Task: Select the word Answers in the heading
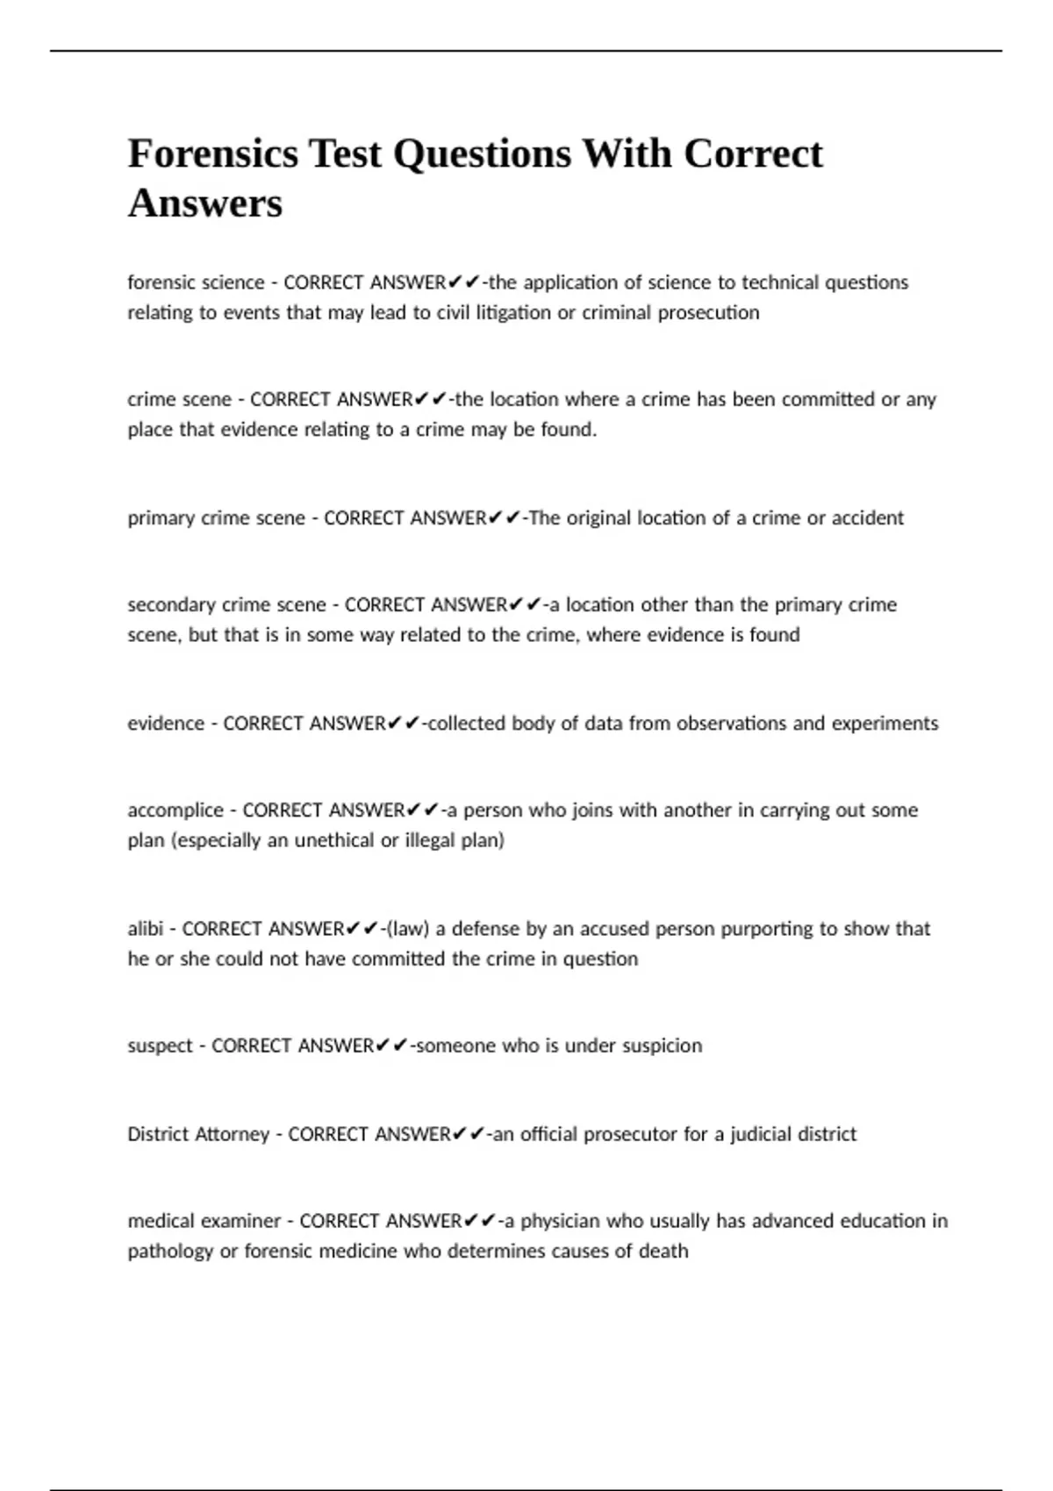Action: click(x=205, y=203)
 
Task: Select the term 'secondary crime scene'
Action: click(x=226, y=604)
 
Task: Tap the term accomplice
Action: click(x=175, y=810)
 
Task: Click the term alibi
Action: click(x=146, y=928)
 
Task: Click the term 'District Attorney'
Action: click(x=198, y=1133)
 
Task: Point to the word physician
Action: click(x=560, y=1220)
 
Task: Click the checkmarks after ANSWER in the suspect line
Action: click(x=391, y=1045)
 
